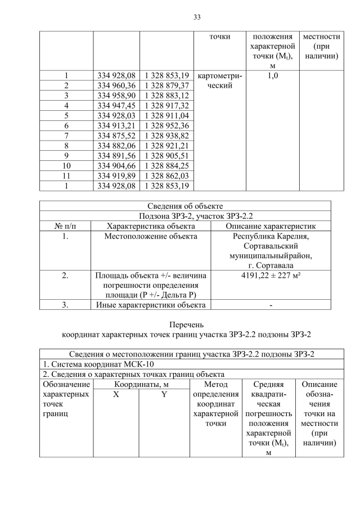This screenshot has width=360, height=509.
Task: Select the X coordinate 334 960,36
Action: pyautogui.click(x=116, y=85)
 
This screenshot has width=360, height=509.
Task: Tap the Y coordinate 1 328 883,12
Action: pyautogui.click(x=166, y=95)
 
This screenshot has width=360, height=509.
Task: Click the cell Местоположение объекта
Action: pyautogui.click(x=151, y=236)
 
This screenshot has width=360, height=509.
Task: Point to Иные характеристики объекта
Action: pyautogui.click(x=151, y=305)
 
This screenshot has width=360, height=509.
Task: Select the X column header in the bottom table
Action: pyautogui.click(x=116, y=394)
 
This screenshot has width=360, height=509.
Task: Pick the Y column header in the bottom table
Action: pyautogui.click(x=165, y=394)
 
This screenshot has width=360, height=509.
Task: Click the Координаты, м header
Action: pyautogui.click(x=141, y=384)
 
